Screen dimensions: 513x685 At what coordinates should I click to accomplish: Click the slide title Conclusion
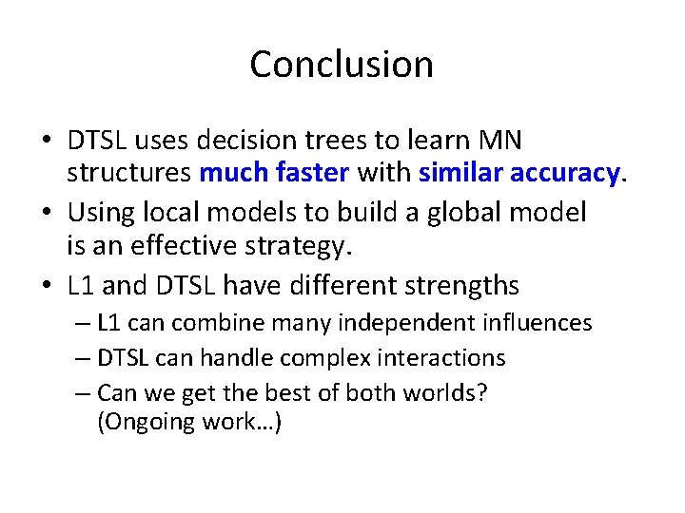[x=342, y=65]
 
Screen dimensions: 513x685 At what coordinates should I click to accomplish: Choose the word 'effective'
[x=180, y=246]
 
